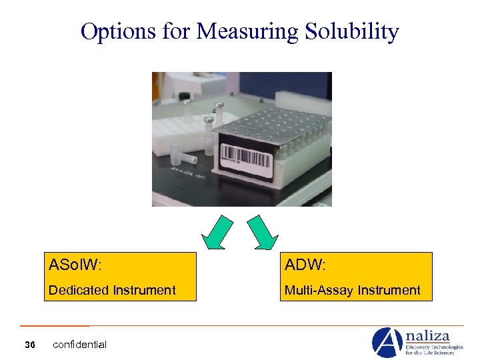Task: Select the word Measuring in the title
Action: coord(244,31)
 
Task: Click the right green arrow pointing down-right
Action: coord(264,233)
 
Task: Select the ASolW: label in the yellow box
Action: coord(75,265)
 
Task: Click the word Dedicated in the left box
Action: coord(78,290)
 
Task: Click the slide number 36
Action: coord(29,345)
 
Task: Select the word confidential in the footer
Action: coord(79,345)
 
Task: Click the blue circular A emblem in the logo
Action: coord(387,343)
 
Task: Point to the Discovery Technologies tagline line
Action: coord(433,347)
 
